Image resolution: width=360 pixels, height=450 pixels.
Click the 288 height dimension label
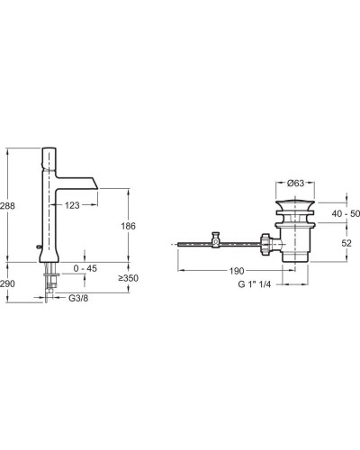tap(7, 206)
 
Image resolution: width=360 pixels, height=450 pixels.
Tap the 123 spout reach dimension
tap(72, 205)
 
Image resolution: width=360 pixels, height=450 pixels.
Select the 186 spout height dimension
tap(129, 226)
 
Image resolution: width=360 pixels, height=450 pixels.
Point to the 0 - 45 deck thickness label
tap(85, 268)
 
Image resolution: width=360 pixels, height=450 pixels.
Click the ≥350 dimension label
tap(128, 278)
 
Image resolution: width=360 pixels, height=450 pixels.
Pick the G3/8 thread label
tap(78, 298)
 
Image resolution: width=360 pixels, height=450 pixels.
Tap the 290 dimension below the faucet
tap(7, 283)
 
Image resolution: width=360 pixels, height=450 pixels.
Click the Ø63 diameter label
tap(295, 183)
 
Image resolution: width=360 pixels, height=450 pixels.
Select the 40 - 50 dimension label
tap(346, 213)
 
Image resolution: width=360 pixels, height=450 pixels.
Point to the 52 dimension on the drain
tap(346, 243)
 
